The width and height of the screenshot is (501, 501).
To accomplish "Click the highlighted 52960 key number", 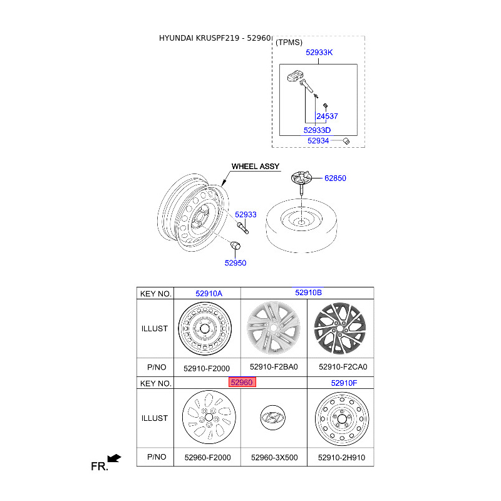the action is coord(242,382).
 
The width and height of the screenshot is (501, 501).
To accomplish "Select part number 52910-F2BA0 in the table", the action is coord(274,367).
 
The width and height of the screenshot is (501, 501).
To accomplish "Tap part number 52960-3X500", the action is coord(274,458).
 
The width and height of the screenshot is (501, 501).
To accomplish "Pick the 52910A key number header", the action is coord(209,293).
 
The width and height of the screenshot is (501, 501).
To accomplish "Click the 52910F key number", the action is coord(344,383).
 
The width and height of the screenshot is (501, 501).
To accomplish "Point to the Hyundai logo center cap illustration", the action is coord(273,418).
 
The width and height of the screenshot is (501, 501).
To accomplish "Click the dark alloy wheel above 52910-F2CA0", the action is coord(340,328).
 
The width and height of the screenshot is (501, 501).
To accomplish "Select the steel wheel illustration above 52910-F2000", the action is coord(205,329).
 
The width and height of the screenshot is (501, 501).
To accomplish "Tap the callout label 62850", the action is coord(335,178).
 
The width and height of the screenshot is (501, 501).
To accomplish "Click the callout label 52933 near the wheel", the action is coord(245,214).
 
